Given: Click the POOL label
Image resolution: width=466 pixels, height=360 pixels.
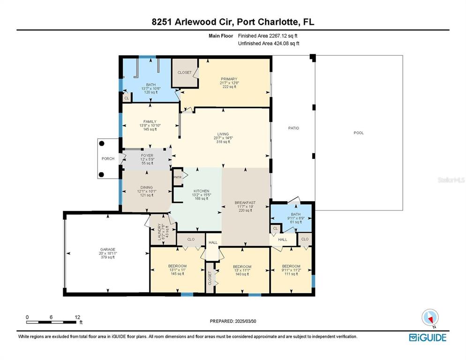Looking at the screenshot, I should pos(359,133).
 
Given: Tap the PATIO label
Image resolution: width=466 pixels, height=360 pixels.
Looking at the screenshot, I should pos(293,128).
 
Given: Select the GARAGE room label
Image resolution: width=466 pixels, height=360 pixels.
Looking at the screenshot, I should pos(107,249).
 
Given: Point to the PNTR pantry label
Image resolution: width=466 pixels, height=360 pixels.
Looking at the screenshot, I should pos(177,177).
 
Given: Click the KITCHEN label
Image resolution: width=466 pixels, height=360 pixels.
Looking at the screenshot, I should pos(201,191).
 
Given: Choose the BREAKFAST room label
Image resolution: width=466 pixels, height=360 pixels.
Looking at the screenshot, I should pos(245,202).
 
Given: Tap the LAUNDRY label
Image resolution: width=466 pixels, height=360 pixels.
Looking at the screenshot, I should pos(159,231).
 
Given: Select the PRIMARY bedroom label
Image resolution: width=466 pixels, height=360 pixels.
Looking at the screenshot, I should pos(229,79).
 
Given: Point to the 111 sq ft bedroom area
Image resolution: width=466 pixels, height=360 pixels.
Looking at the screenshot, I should pos(291,274).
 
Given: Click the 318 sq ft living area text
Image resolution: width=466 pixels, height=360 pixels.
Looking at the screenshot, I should pos(223,142).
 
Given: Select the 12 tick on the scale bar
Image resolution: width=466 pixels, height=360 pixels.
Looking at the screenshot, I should pos(77,316).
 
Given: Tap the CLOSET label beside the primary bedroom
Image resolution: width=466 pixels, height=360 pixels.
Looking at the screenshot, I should pos(184,73).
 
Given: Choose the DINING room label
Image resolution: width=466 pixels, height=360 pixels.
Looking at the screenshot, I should pos(146,187).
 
